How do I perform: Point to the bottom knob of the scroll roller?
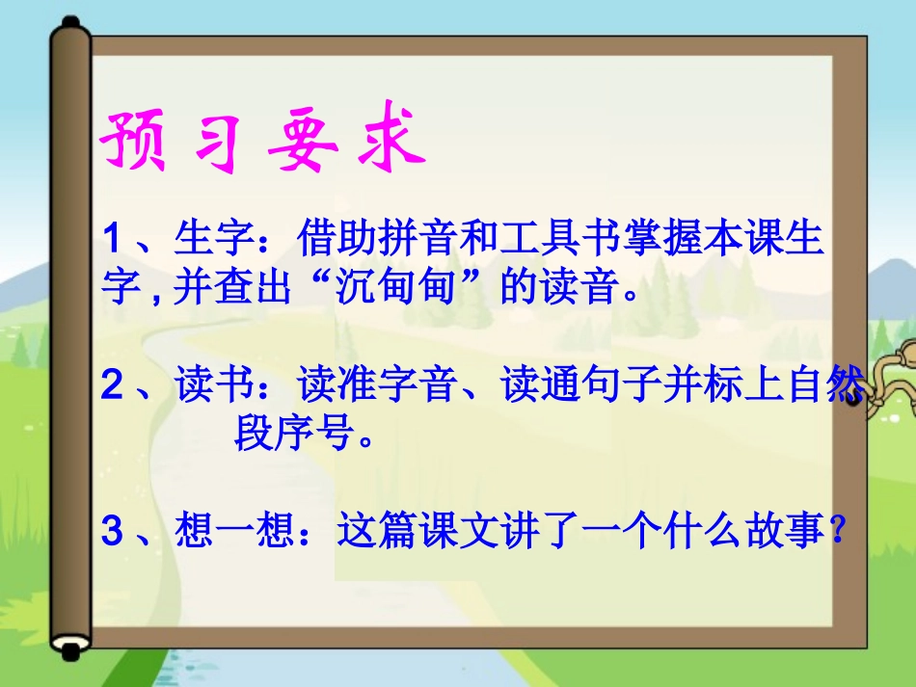(71, 652)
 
